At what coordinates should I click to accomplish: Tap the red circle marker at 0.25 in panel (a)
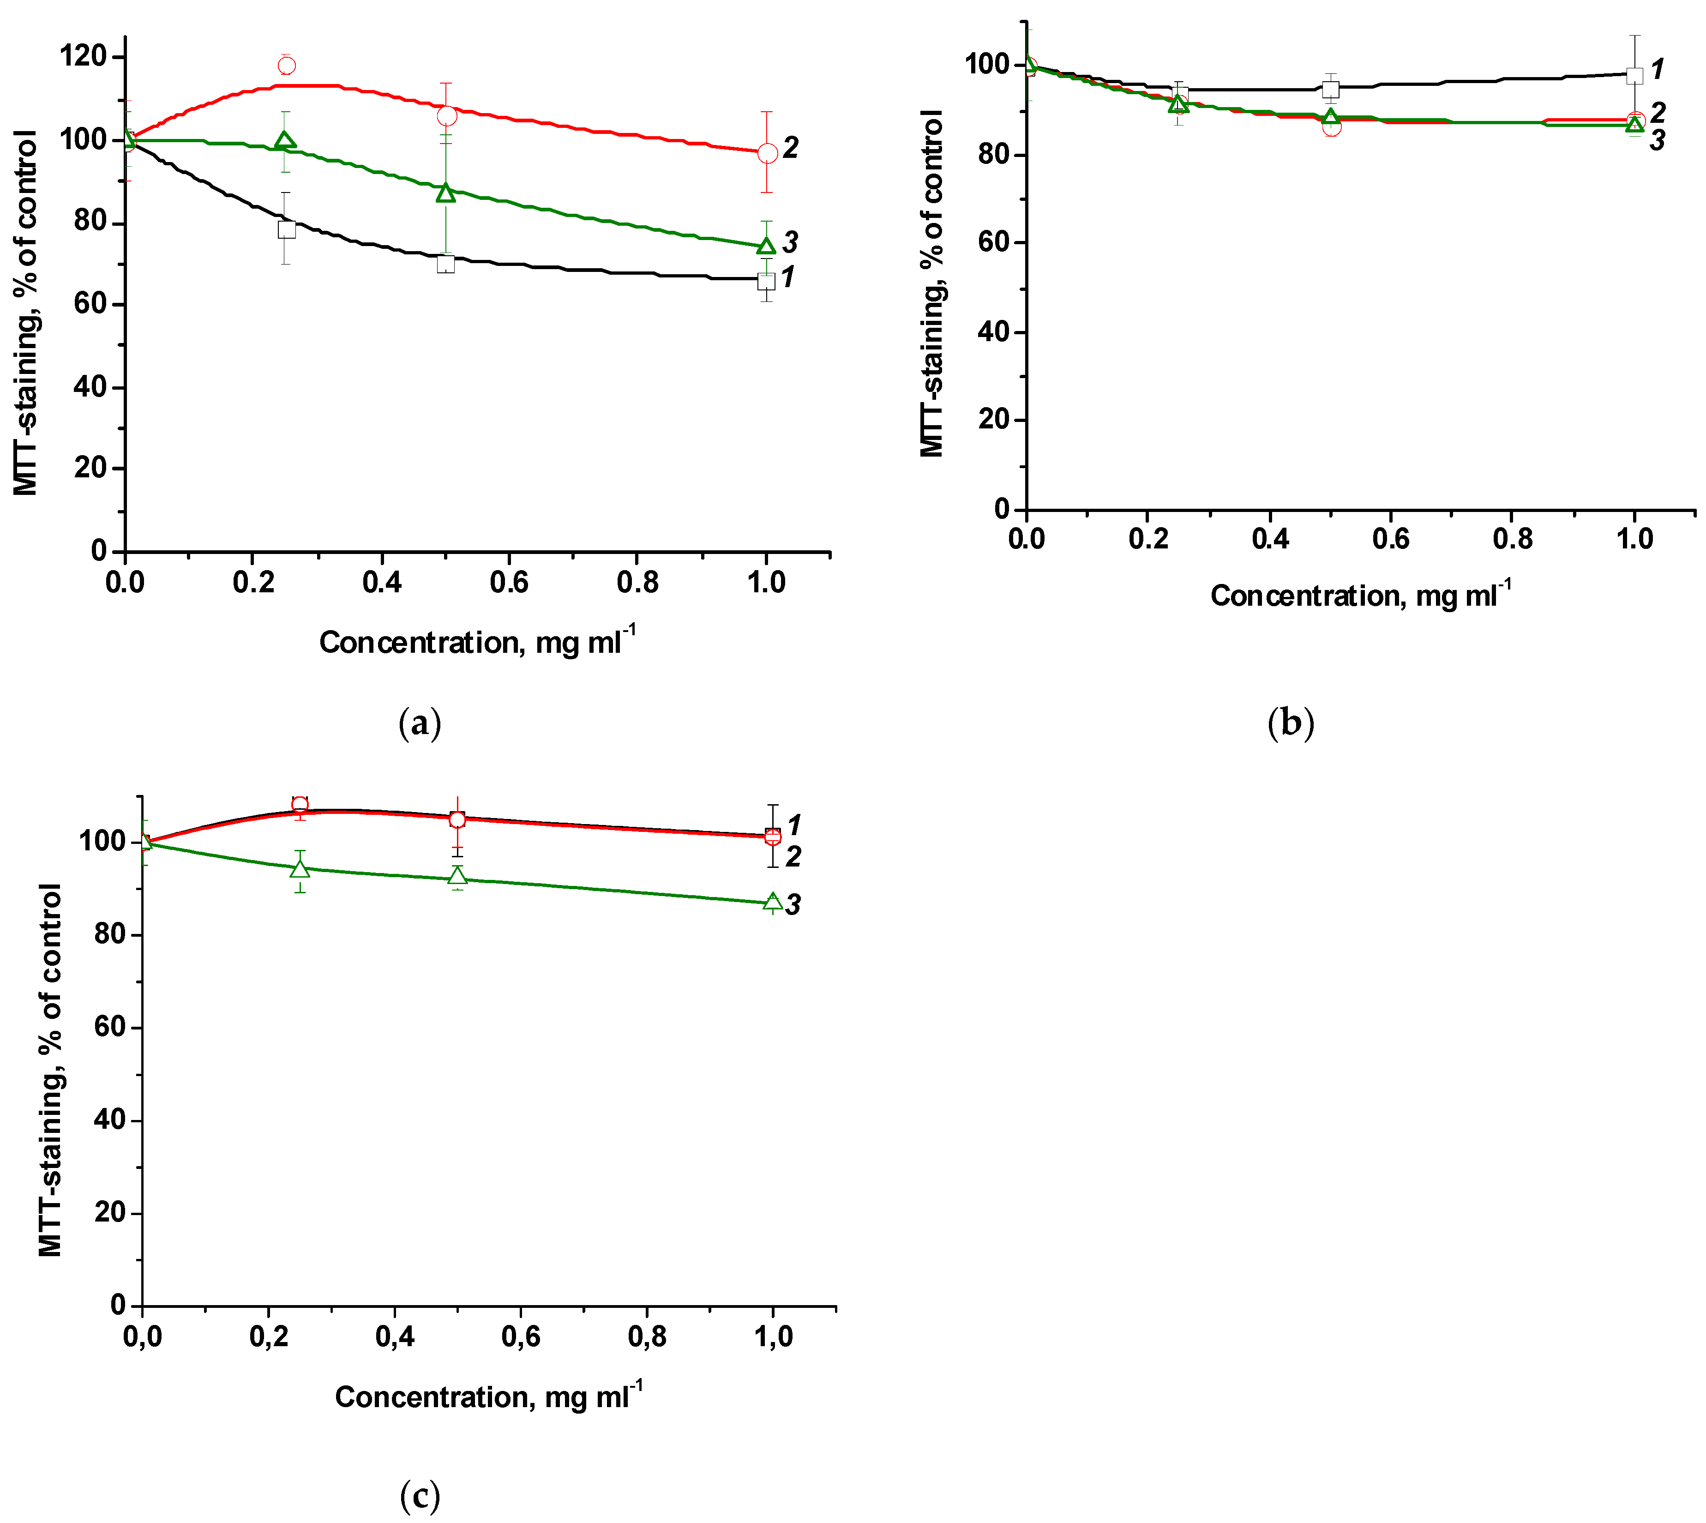pyautogui.click(x=286, y=65)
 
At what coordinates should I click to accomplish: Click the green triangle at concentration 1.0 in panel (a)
pyautogui.click(x=766, y=246)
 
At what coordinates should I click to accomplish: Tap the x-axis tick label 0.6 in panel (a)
pyautogui.click(x=509, y=582)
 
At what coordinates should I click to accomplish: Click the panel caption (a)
pyautogui.click(x=419, y=723)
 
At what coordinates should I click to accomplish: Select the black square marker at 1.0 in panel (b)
pyautogui.click(x=1634, y=75)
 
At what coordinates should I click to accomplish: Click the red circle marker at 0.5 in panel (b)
pyautogui.click(x=1331, y=126)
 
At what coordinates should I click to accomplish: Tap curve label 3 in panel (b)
pyautogui.click(x=1657, y=141)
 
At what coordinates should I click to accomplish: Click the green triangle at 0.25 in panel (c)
pyautogui.click(x=300, y=869)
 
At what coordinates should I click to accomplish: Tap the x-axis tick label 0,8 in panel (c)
pyautogui.click(x=647, y=1337)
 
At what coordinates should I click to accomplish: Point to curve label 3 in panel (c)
pyautogui.click(x=793, y=904)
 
